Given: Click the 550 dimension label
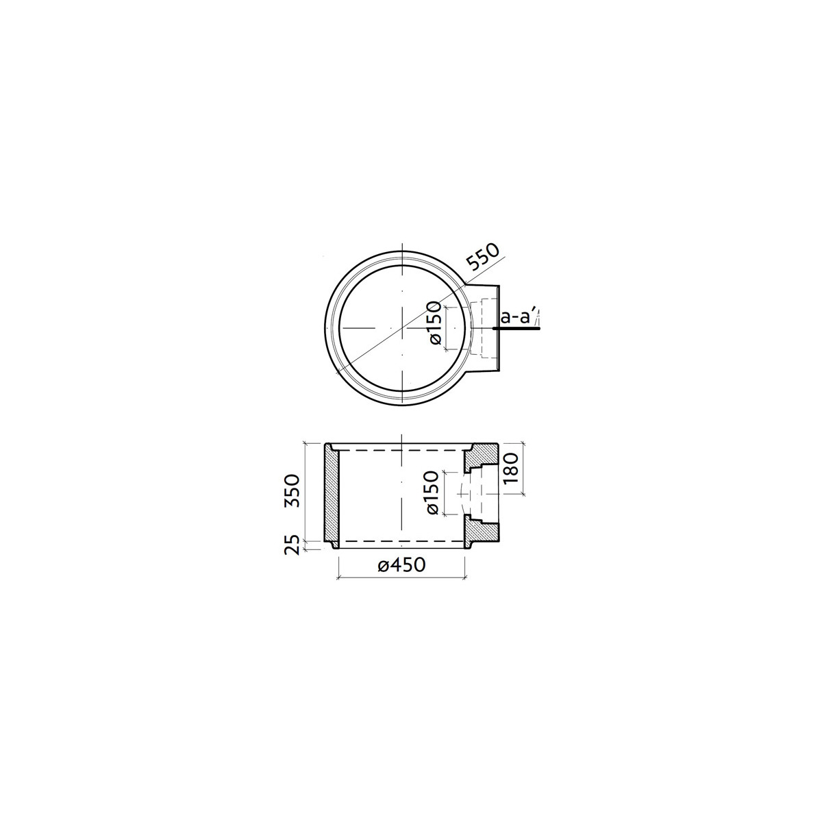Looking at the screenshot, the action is click(x=482, y=258).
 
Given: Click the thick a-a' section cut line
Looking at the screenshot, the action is click(x=516, y=329).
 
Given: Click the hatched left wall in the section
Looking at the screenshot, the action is click(x=332, y=496).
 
